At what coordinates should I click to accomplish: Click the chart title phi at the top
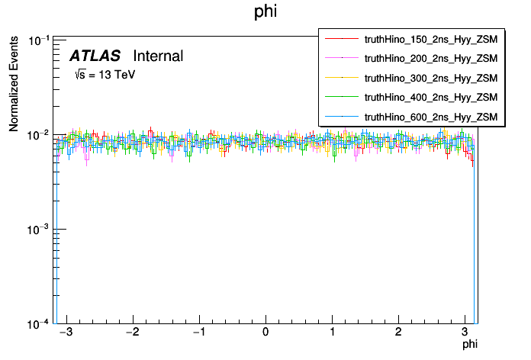[265, 12]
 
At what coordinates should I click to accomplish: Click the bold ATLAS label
[95, 56]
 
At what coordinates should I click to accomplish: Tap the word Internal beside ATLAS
[158, 56]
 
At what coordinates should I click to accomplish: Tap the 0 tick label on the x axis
[265, 333]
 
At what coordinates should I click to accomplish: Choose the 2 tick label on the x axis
[398, 333]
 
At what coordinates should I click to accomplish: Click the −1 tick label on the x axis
[197, 333]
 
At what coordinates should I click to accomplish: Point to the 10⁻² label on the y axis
[38, 135]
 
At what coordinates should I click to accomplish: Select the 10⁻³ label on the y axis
[38, 229]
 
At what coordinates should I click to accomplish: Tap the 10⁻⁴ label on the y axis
[38, 323]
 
